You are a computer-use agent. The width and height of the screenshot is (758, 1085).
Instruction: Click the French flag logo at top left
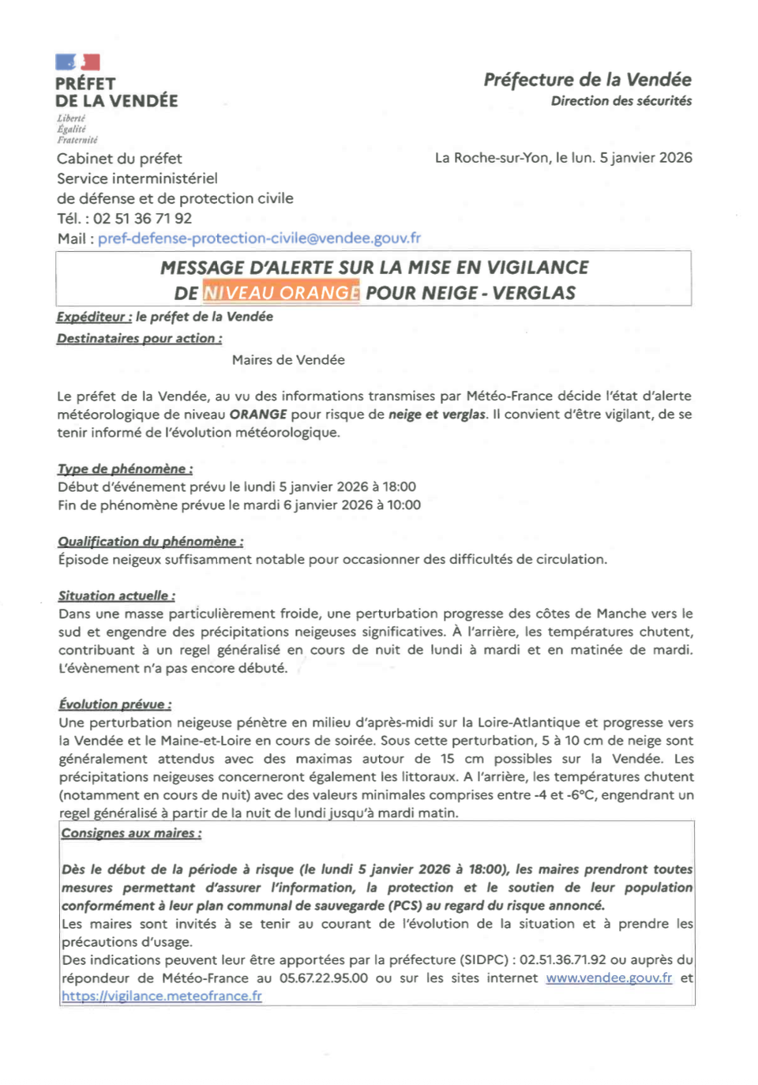pos(77,62)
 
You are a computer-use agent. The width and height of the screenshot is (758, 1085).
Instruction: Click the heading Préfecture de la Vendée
pos(587,80)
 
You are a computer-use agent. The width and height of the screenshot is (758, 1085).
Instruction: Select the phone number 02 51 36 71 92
pos(142,219)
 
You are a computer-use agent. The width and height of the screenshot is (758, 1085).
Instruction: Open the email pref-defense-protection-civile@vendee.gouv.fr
pos(259,238)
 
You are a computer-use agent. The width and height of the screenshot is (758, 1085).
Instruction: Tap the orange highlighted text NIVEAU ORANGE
pos(281,293)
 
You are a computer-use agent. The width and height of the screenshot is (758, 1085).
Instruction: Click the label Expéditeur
pos(94,317)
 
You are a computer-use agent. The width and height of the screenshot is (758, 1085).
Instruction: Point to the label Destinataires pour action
pos(139,339)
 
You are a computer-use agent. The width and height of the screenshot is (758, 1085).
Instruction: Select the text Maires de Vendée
pos(288,360)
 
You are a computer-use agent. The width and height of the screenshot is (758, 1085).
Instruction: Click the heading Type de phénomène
pos(125,469)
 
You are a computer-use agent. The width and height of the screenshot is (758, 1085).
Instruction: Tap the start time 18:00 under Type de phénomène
pos(400,487)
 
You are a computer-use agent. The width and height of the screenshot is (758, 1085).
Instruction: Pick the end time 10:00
pos(403,505)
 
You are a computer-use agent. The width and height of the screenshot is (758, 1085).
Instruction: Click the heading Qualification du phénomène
pos(150,542)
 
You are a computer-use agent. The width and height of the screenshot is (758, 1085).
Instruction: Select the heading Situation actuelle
pos(116,596)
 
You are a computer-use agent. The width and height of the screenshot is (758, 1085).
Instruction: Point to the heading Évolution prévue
pos(114,704)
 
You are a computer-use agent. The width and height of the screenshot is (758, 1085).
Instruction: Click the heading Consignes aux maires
pos(131,833)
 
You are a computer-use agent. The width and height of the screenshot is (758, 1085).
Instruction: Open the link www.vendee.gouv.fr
pos(609,978)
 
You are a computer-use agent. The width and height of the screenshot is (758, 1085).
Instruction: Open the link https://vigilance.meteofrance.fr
pos(162,997)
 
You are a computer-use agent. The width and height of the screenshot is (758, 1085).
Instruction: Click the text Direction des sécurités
pos(621,101)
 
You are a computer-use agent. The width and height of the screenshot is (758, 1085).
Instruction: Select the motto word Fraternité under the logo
pos(77,140)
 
